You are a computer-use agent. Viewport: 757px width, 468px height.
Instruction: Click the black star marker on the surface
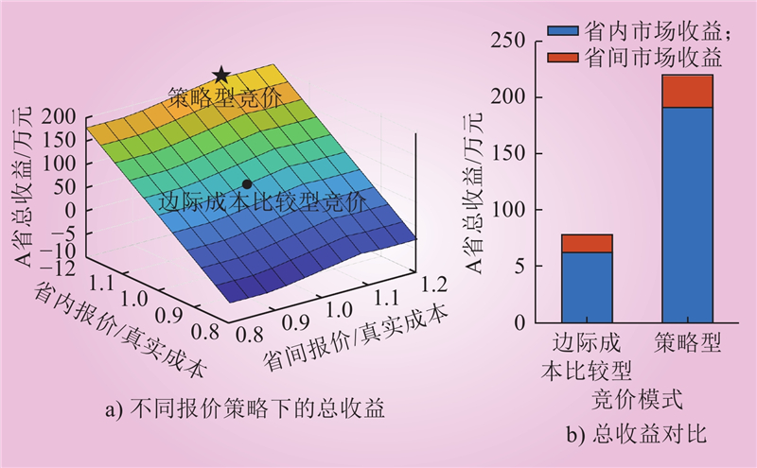click(221, 74)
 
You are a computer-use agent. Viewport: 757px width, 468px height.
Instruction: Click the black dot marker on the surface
click(247, 183)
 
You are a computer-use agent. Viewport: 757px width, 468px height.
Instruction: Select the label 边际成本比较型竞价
click(260, 202)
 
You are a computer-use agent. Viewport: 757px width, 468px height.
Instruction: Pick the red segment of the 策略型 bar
click(688, 92)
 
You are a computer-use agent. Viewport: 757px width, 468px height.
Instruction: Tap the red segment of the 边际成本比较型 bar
click(587, 243)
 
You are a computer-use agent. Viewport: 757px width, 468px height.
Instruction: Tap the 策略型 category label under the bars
click(688, 343)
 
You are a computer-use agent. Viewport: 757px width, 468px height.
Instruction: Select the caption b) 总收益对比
click(637, 435)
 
